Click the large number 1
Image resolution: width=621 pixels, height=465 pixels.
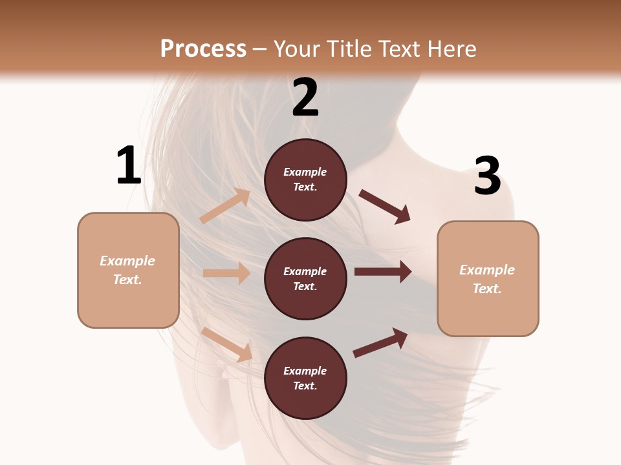[x=129, y=166]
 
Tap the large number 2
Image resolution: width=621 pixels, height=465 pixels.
[x=305, y=98]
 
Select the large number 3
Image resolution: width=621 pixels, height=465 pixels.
[x=487, y=176]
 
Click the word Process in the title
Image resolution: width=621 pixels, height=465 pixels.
[x=203, y=49]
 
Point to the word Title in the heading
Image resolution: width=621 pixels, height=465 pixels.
[x=349, y=49]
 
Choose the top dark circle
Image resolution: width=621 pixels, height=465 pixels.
[x=305, y=180]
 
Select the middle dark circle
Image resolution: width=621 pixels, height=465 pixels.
[x=305, y=278]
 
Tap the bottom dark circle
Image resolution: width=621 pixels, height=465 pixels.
[x=305, y=378]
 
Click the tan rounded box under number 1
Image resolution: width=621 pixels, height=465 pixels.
[x=128, y=270]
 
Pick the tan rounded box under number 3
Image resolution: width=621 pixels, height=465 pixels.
[x=488, y=278]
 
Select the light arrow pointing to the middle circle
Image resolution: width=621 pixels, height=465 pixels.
[x=226, y=273]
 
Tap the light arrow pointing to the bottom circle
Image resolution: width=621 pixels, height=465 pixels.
[x=227, y=344]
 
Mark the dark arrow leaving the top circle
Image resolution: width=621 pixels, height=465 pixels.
[x=385, y=207]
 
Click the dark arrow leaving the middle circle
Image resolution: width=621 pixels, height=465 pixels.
[x=382, y=272]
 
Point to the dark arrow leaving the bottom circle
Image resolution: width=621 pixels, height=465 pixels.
[x=380, y=342]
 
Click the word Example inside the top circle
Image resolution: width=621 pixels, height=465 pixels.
[x=305, y=172]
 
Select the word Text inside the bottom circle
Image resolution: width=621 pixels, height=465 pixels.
[x=304, y=386]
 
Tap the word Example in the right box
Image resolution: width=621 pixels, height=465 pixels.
[x=487, y=270]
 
